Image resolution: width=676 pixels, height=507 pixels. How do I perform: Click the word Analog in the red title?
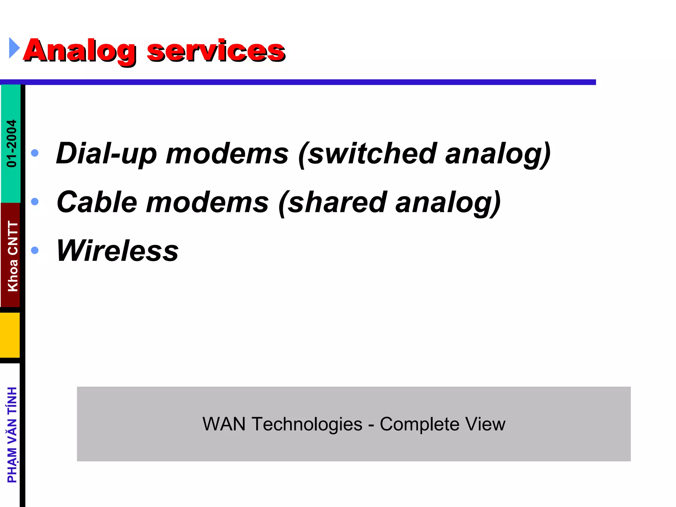tap(79, 51)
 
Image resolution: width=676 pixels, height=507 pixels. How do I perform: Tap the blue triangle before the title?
tap(14, 48)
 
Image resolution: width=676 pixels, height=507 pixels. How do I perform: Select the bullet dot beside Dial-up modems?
tap(35, 153)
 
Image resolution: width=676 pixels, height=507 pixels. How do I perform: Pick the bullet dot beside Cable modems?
tap(35, 201)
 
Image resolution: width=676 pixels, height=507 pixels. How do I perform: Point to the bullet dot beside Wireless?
tap(35, 250)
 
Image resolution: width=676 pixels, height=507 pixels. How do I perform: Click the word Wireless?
tap(118, 251)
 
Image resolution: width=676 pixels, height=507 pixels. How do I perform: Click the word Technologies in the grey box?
tap(307, 424)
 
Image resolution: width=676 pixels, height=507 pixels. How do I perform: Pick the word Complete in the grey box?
tap(419, 424)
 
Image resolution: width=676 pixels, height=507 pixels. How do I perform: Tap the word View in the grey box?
tap(485, 424)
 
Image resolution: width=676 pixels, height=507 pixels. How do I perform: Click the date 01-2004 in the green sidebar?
tap(12, 144)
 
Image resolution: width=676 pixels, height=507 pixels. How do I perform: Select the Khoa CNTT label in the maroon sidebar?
tap(13, 256)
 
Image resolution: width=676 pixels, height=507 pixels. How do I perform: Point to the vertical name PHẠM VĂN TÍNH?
tap(12, 435)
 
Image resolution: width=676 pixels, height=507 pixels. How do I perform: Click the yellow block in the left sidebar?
tap(10, 335)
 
